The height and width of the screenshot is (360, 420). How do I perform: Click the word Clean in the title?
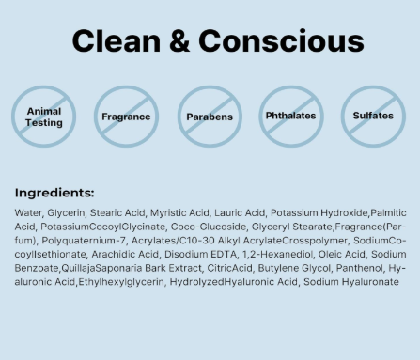click(x=117, y=41)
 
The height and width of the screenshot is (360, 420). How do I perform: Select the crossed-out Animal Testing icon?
click(x=44, y=117)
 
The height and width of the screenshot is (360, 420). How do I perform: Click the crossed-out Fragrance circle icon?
click(x=126, y=117)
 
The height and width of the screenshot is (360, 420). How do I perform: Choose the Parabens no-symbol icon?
click(x=210, y=117)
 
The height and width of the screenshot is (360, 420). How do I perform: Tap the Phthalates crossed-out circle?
click(x=290, y=117)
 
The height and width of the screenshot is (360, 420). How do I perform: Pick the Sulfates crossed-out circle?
click(x=373, y=117)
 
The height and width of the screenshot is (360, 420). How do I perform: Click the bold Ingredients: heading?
click(x=54, y=192)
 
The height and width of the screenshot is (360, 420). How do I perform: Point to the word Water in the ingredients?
click(x=29, y=213)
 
